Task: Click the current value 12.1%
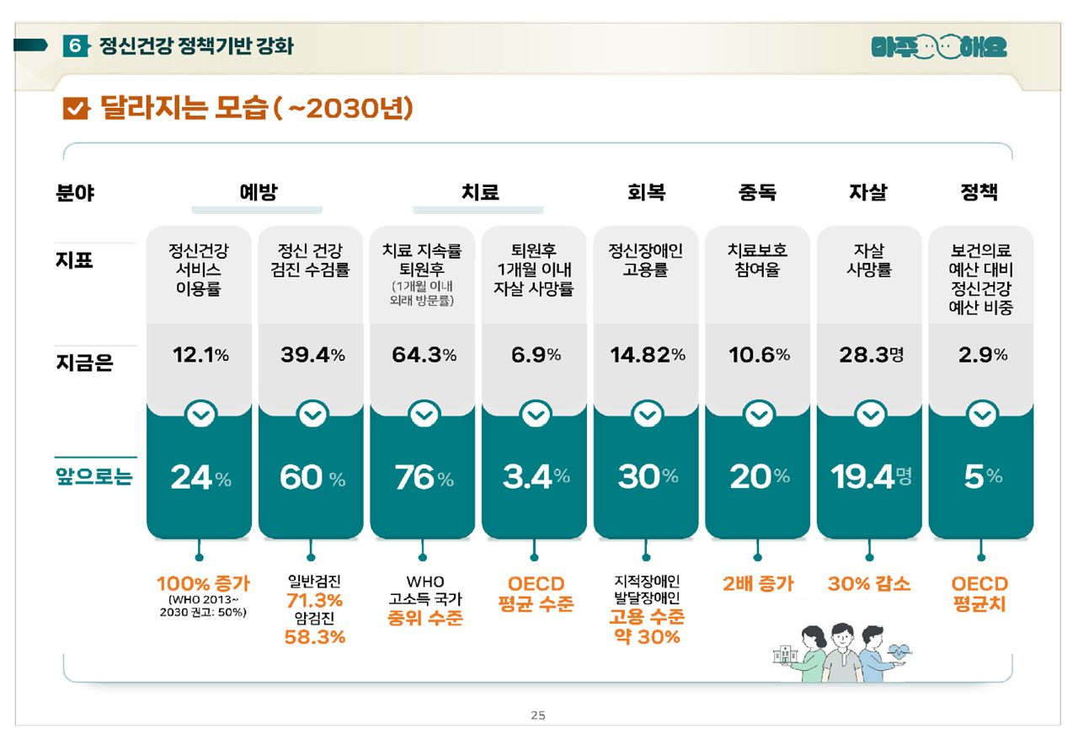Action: tap(200, 355)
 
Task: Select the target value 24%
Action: tap(200, 478)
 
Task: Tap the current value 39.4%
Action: tap(312, 355)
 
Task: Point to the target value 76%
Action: tap(424, 478)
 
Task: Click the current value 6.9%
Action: tap(536, 355)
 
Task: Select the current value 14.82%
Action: tap(648, 355)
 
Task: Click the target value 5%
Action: tap(982, 478)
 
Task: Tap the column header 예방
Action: tap(257, 193)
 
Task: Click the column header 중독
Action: tap(757, 193)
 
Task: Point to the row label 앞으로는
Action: tap(94, 477)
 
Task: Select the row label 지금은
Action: tap(83, 364)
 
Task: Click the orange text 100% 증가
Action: tap(203, 583)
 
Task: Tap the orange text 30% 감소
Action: tap(868, 583)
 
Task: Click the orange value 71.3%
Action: tap(314, 600)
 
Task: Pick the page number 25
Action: tap(538, 716)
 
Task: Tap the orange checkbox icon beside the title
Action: tap(76, 109)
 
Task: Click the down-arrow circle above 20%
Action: tap(759, 415)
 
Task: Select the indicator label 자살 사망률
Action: tap(869, 260)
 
